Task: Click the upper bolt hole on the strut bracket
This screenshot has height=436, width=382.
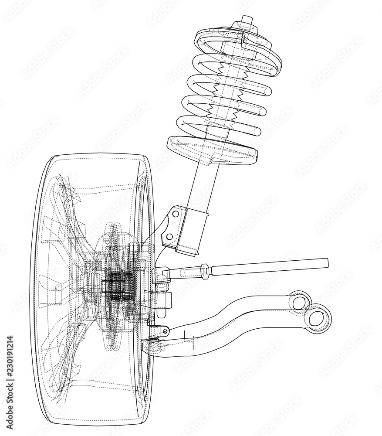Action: [175, 214]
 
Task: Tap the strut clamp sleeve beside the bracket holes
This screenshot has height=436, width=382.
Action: [193, 231]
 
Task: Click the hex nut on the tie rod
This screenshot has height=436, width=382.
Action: [205, 270]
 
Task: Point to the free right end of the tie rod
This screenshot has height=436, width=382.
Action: [325, 262]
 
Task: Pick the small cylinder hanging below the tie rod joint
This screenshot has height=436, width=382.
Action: [167, 300]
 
